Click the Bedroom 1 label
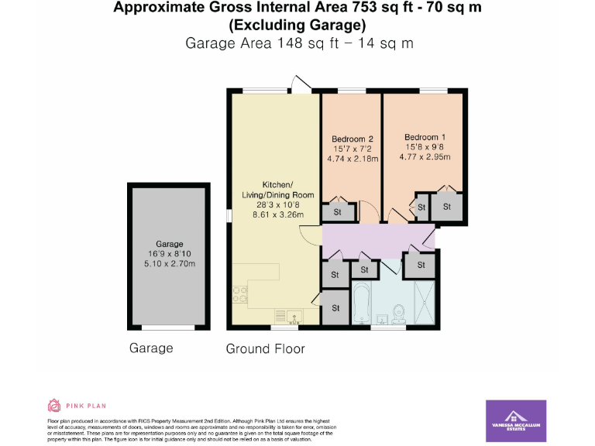click(x=425, y=137)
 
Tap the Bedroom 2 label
click(x=353, y=139)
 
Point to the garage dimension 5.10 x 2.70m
click(x=170, y=264)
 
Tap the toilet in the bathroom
click(x=399, y=313)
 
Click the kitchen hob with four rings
click(x=239, y=295)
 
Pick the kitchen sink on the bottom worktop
click(x=294, y=316)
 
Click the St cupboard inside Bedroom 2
click(x=338, y=211)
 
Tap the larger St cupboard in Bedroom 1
click(x=447, y=207)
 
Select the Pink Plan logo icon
click(x=54, y=405)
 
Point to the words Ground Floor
click(x=265, y=349)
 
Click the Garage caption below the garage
click(x=151, y=348)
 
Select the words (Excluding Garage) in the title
click(x=297, y=25)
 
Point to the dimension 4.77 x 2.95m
click(x=425, y=157)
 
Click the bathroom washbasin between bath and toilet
click(x=381, y=317)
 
